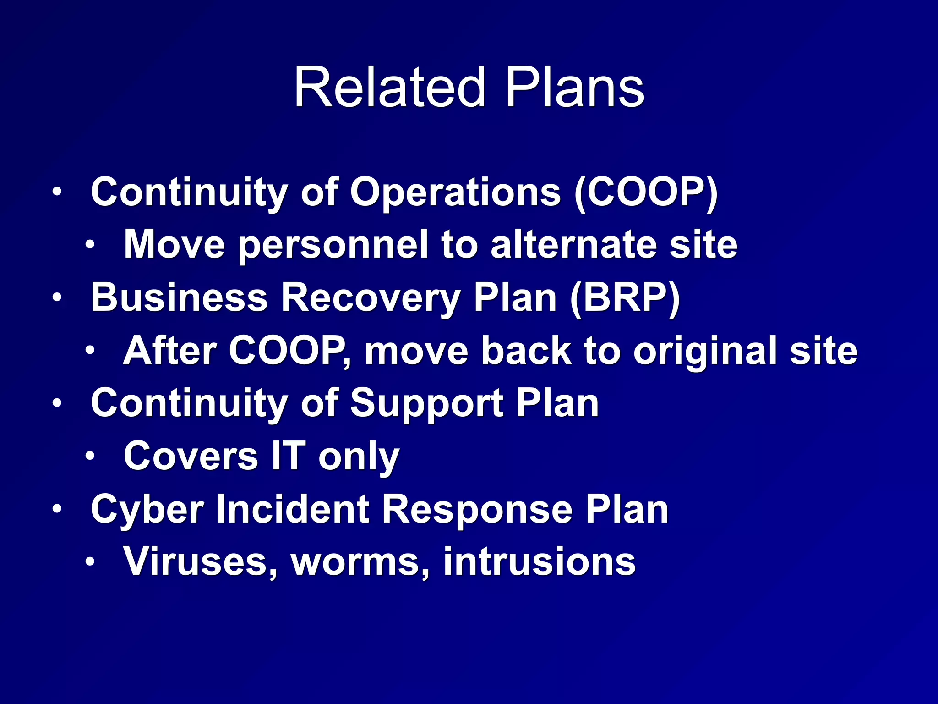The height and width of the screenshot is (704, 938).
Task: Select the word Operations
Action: coord(455,193)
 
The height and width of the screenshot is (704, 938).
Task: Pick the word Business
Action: coord(179,297)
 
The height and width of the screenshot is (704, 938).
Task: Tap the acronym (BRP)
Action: coord(625,298)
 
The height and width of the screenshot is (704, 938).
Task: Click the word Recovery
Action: coord(370,298)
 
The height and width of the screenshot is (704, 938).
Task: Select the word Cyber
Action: coord(147,510)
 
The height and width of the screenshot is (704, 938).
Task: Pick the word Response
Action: coord(477,510)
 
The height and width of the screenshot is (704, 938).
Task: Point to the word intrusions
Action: coord(539,562)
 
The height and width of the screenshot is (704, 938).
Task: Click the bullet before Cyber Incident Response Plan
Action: coord(56,508)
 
